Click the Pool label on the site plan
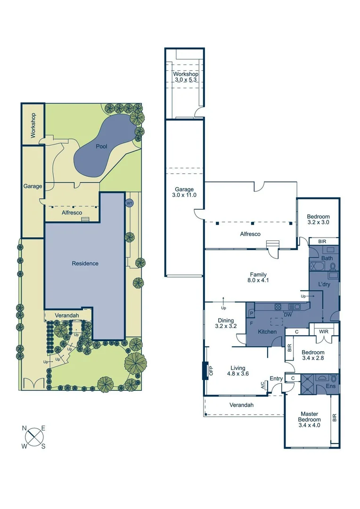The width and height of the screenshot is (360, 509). coord(102,147)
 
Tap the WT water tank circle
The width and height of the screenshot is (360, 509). coord(129,203)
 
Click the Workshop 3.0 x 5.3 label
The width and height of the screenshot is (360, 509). coord(185,77)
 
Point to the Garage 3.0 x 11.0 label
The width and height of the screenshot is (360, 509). coord(184,192)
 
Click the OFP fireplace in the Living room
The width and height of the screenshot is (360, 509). coord(205,370)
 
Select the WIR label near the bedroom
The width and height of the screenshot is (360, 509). coord(324,331)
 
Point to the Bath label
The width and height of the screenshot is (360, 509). coord(327,258)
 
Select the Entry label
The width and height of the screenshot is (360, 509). coord(276,379)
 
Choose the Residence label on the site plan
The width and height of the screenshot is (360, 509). coord(85,263)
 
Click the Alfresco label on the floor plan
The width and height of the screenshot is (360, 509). coord(250,234)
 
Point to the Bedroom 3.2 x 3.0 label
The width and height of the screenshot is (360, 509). coord(318,219)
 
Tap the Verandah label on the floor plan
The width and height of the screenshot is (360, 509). coord(242,405)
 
